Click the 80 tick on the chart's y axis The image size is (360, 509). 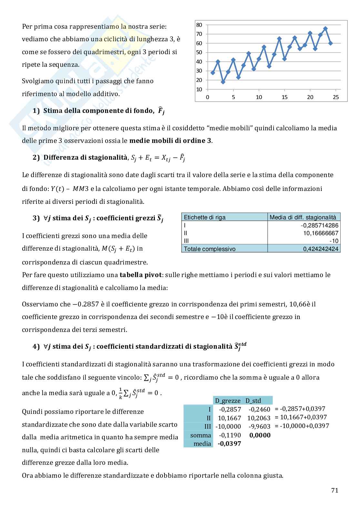(x=199, y=25)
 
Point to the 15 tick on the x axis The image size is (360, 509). (x=285, y=97)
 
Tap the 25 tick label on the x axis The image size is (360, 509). (x=336, y=97)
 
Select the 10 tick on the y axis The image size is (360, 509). (x=199, y=89)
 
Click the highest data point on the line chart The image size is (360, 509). (x=325, y=28)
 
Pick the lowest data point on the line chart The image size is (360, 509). (x=223, y=82)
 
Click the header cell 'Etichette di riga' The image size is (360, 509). (x=205, y=217)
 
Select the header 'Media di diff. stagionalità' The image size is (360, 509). (x=303, y=217)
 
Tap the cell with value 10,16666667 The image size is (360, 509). (x=321, y=233)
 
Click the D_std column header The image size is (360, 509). (x=253, y=401)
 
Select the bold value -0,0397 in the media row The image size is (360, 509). (x=229, y=444)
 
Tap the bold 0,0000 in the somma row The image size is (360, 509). (x=260, y=435)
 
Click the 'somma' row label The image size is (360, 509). (x=200, y=435)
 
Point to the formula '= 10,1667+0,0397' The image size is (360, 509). (x=301, y=417)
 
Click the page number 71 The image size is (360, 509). (x=335, y=490)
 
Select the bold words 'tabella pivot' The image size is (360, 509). (x=139, y=275)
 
